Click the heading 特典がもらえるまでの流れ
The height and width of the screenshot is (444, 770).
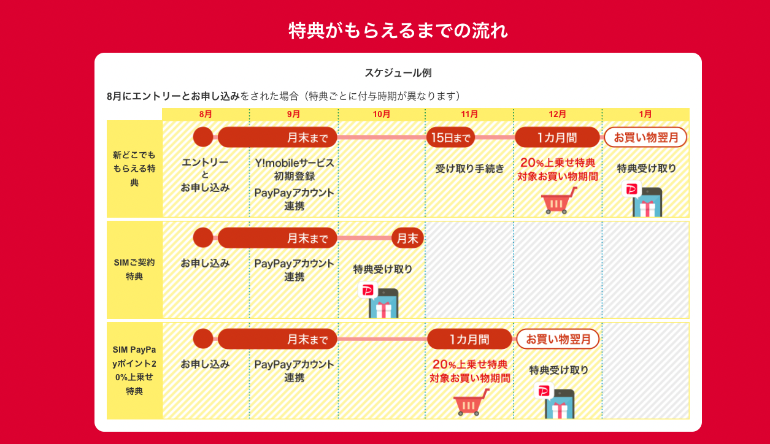point(398,31)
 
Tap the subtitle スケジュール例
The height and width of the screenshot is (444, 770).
point(398,73)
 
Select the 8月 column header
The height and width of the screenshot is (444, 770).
point(206,114)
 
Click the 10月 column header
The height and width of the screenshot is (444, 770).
point(381,114)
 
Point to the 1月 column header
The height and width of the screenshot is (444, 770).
point(645,114)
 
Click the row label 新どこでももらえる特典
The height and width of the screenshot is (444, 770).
point(134,169)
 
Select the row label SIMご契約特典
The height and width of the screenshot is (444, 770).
point(134,269)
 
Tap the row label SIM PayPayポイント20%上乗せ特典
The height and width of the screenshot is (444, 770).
point(134,370)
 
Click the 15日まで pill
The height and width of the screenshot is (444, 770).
point(450,137)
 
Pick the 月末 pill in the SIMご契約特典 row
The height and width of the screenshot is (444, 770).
point(408,238)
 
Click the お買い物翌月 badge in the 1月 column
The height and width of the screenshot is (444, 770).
point(645,137)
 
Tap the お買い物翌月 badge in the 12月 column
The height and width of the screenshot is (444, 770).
point(558,339)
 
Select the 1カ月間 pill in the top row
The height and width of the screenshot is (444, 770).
point(557,137)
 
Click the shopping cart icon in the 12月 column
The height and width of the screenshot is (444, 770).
point(558,201)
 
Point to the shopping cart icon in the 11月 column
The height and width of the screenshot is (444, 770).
point(471,402)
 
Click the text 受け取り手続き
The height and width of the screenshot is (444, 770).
point(469,169)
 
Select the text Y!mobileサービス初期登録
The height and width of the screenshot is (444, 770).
point(295,169)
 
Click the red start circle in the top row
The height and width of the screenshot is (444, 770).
point(203,137)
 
